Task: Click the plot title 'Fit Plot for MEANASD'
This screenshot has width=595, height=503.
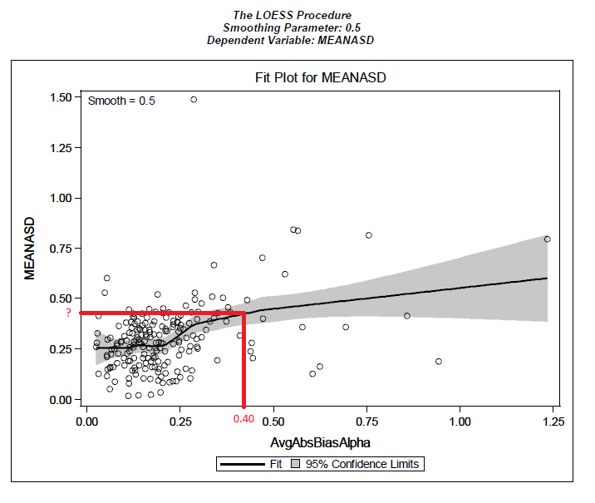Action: [x=321, y=77]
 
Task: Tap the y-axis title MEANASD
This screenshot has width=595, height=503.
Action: [x=30, y=249]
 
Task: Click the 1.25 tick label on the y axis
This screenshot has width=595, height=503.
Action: [x=60, y=147]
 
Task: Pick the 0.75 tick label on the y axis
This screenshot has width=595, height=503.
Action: [x=60, y=248]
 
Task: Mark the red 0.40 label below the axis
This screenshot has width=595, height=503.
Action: [x=243, y=419]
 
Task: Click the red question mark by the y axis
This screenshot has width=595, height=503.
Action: [x=69, y=313]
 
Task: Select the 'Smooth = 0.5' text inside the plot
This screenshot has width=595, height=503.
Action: [x=121, y=101]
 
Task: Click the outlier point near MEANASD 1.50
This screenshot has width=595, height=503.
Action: [x=194, y=99]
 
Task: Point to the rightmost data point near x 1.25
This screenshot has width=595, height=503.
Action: [x=547, y=239]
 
